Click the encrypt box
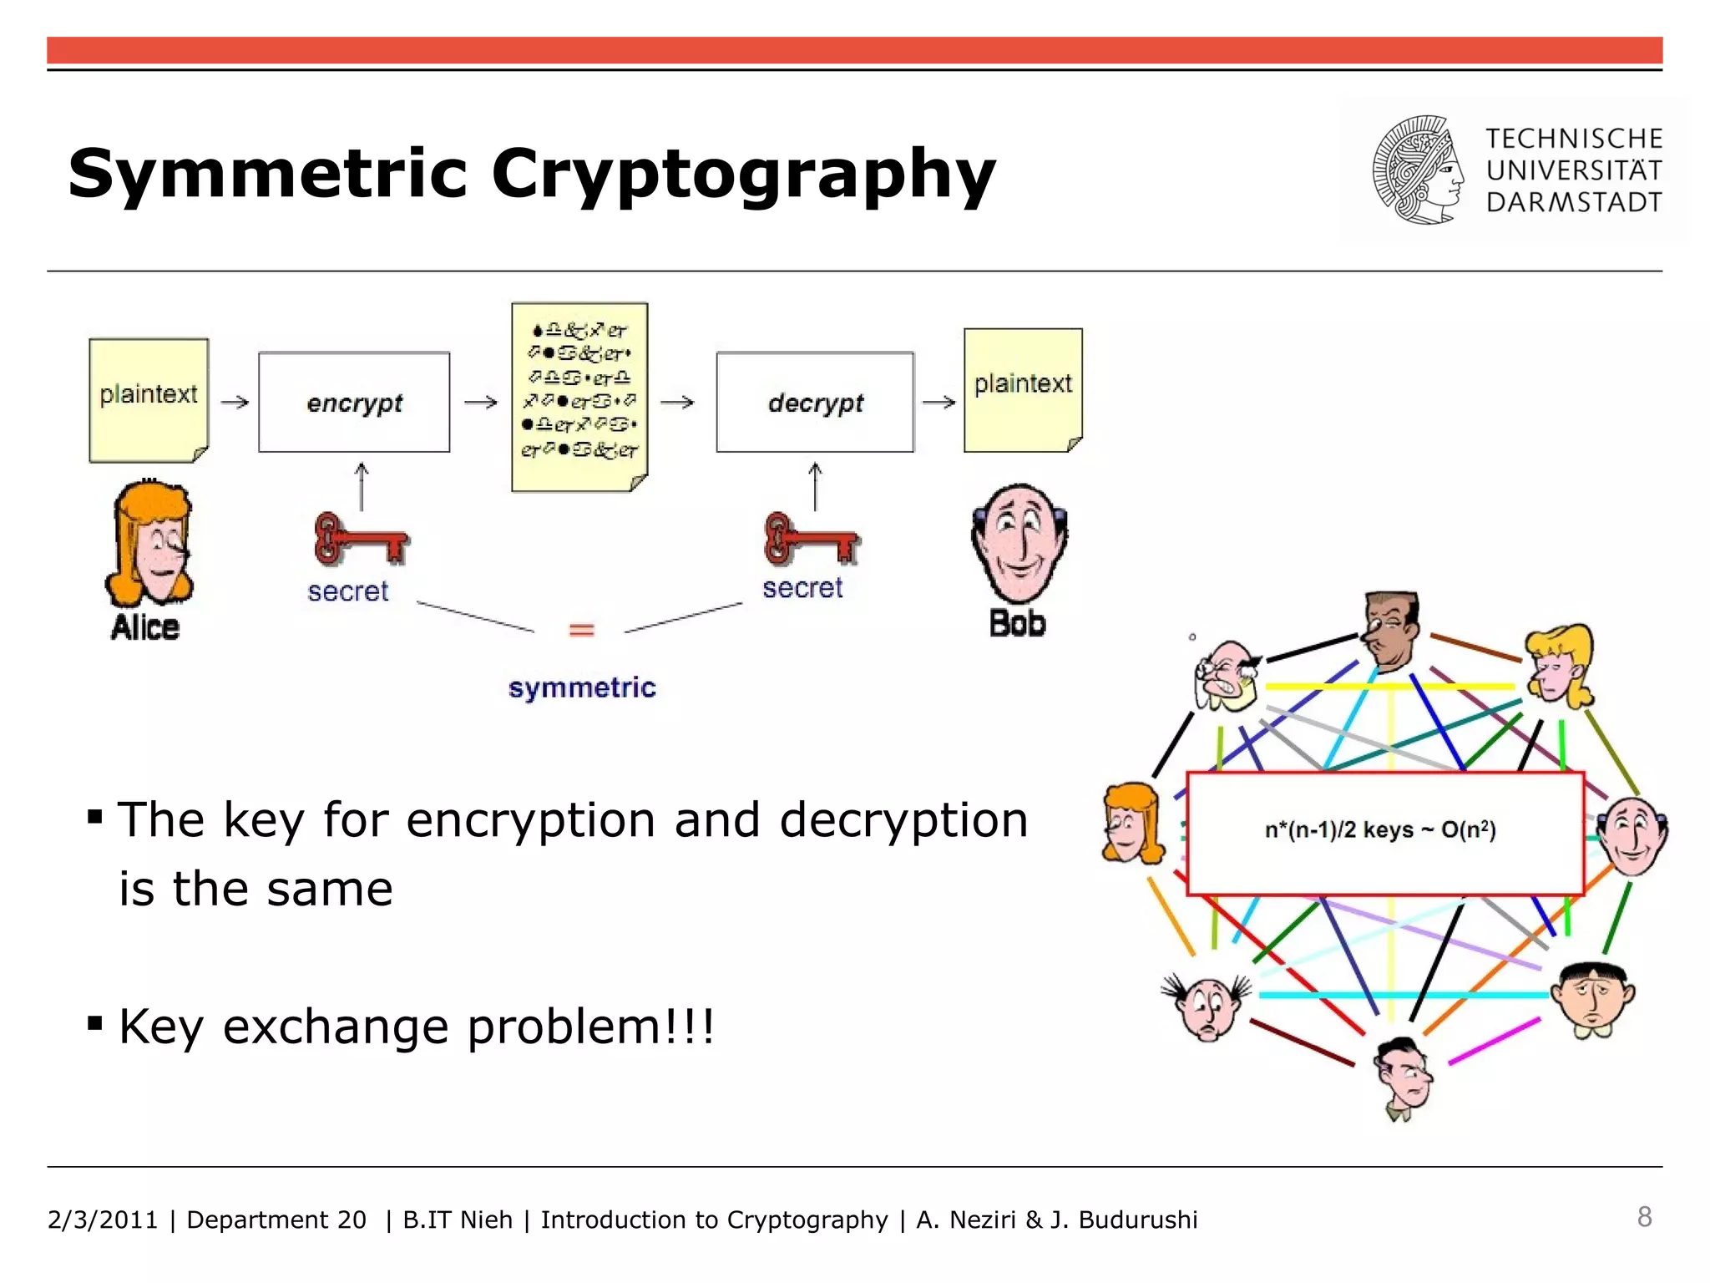coord(354,402)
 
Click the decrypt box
coord(815,402)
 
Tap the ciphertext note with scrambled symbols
coord(579,397)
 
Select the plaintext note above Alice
coord(149,399)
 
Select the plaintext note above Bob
coord(1023,389)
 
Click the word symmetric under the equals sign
coord(582,687)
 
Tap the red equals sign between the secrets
coord(581,630)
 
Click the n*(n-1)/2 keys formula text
coord(1380,829)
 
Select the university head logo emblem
coord(1418,170)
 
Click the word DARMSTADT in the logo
coord(1574,202)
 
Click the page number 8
coord(1644,1216)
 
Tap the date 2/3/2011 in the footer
coord(103,1220)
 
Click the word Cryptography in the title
coord(743,174)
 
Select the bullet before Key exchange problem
coord(94,1022)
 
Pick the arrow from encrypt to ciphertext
coord(480,402)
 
